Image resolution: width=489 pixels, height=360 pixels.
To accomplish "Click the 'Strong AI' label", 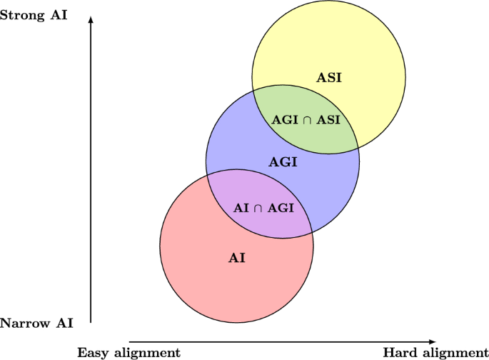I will (34, 14).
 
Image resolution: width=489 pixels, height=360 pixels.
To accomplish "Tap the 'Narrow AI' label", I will (35, 323).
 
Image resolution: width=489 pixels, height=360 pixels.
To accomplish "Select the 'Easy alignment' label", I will (128, 352).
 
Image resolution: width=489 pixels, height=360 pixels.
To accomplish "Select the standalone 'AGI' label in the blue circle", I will (283, 162).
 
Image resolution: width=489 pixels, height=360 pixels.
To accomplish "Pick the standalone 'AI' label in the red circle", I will (237, 257).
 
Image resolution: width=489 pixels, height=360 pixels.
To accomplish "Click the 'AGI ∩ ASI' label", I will (306, 120).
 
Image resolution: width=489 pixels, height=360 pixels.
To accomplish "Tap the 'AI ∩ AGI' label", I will (264, 208).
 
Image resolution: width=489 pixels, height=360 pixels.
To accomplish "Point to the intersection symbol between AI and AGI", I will (259, 209).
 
